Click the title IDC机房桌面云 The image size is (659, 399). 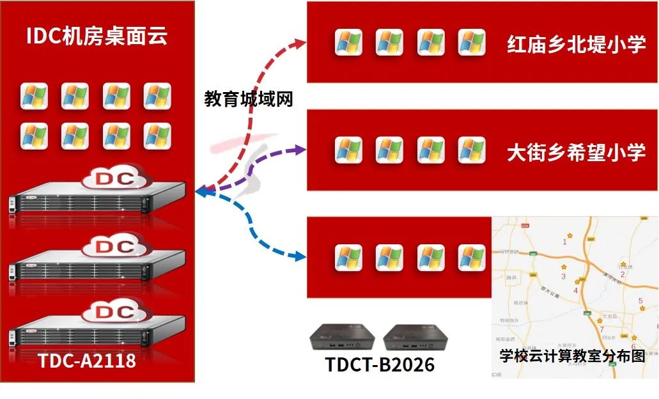click(97, 36)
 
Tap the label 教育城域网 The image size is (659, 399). click(249, 98)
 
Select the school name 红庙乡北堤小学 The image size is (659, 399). click(576, 44)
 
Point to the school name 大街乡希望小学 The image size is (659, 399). click(576, 152)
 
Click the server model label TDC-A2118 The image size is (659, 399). click(87, 361)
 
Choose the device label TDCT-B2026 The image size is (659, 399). click(380, 364)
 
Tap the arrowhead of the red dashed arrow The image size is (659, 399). click(300, 42)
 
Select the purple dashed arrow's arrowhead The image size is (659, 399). click(300, 150)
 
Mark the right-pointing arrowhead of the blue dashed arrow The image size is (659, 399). click(300, 257)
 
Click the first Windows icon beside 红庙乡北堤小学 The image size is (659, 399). click(349, 42)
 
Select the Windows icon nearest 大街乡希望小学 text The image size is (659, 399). click(472, 150)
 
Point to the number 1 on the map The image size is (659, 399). click(564, 242)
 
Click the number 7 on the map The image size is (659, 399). click(601, 329)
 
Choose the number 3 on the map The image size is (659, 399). click(563, 276)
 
